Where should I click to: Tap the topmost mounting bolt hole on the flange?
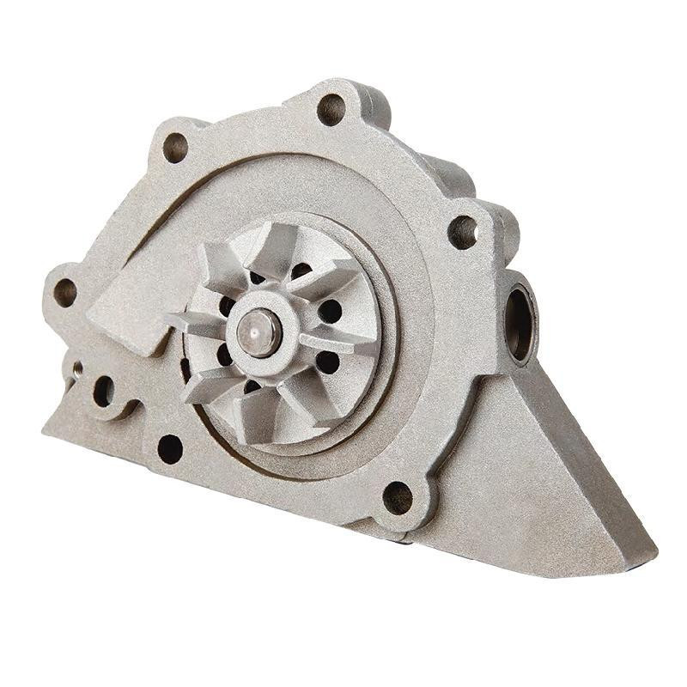(x=331, y=109)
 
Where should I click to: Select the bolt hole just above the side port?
(x=463, y=231)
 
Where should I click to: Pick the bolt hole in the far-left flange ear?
(x=65, y=291)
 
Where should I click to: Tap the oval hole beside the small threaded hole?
(x=104, y=392)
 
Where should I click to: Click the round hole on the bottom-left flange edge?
(x=170, y=448)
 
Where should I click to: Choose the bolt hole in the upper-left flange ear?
(x=174, y=147)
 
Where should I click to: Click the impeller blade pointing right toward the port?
(x=343, y=340)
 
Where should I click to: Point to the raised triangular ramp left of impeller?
(x=129, y=301)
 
